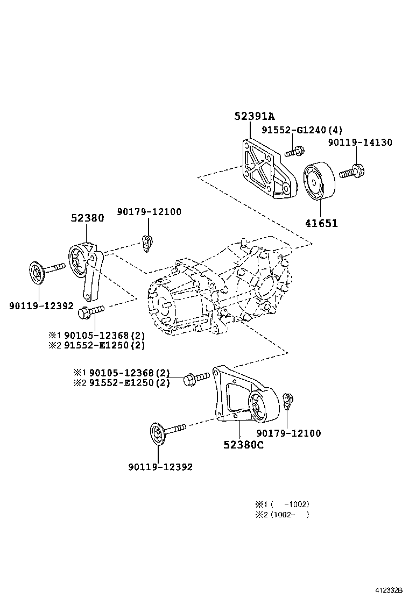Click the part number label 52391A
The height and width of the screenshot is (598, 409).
tap(254, 116)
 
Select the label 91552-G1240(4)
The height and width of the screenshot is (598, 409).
tap(302, 130)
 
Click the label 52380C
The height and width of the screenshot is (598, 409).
tap(243, 445)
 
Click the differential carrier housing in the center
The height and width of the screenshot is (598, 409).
tap(221, 290)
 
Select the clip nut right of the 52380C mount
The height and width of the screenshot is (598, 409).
tap(288, 400)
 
